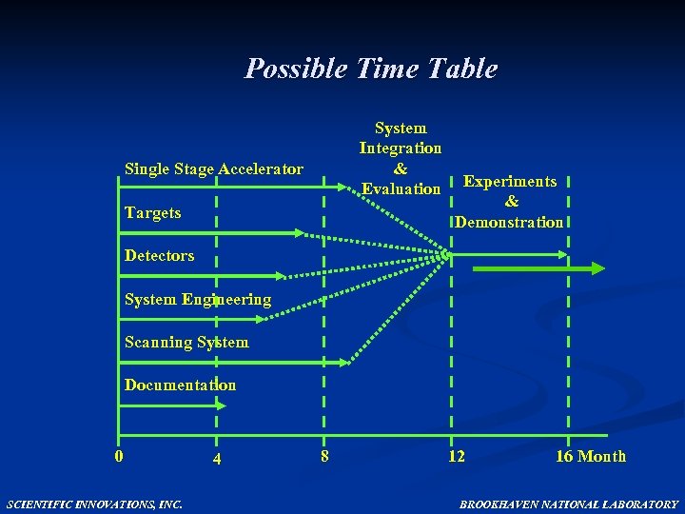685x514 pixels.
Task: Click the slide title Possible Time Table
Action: point(371,69)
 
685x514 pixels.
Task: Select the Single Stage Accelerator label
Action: point(214,169)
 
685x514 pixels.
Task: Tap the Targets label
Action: point(152,212)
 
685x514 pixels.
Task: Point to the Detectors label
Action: point(159,255)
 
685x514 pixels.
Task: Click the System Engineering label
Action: point(198,299)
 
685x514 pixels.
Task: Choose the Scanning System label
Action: point(186,342)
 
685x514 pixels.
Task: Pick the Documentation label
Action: point(180,385)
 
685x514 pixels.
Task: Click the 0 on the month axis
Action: point(118,455)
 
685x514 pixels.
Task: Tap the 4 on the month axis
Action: point(217,459)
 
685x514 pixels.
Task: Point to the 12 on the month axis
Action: point(457,456)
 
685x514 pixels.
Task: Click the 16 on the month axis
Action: point(564,456)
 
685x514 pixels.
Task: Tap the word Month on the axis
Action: point(602,456)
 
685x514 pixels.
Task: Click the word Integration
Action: point(400,148)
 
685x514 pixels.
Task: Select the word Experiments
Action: point(510,181)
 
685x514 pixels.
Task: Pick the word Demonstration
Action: point(509,222)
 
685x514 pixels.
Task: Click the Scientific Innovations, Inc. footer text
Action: point(94,504)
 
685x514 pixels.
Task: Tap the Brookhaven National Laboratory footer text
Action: point(569,504)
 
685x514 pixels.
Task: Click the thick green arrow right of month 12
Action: point(538,268)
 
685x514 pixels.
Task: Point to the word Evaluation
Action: point(401,189)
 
